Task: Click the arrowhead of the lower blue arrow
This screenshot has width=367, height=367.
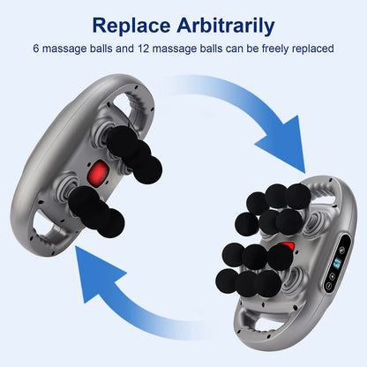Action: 89,264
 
